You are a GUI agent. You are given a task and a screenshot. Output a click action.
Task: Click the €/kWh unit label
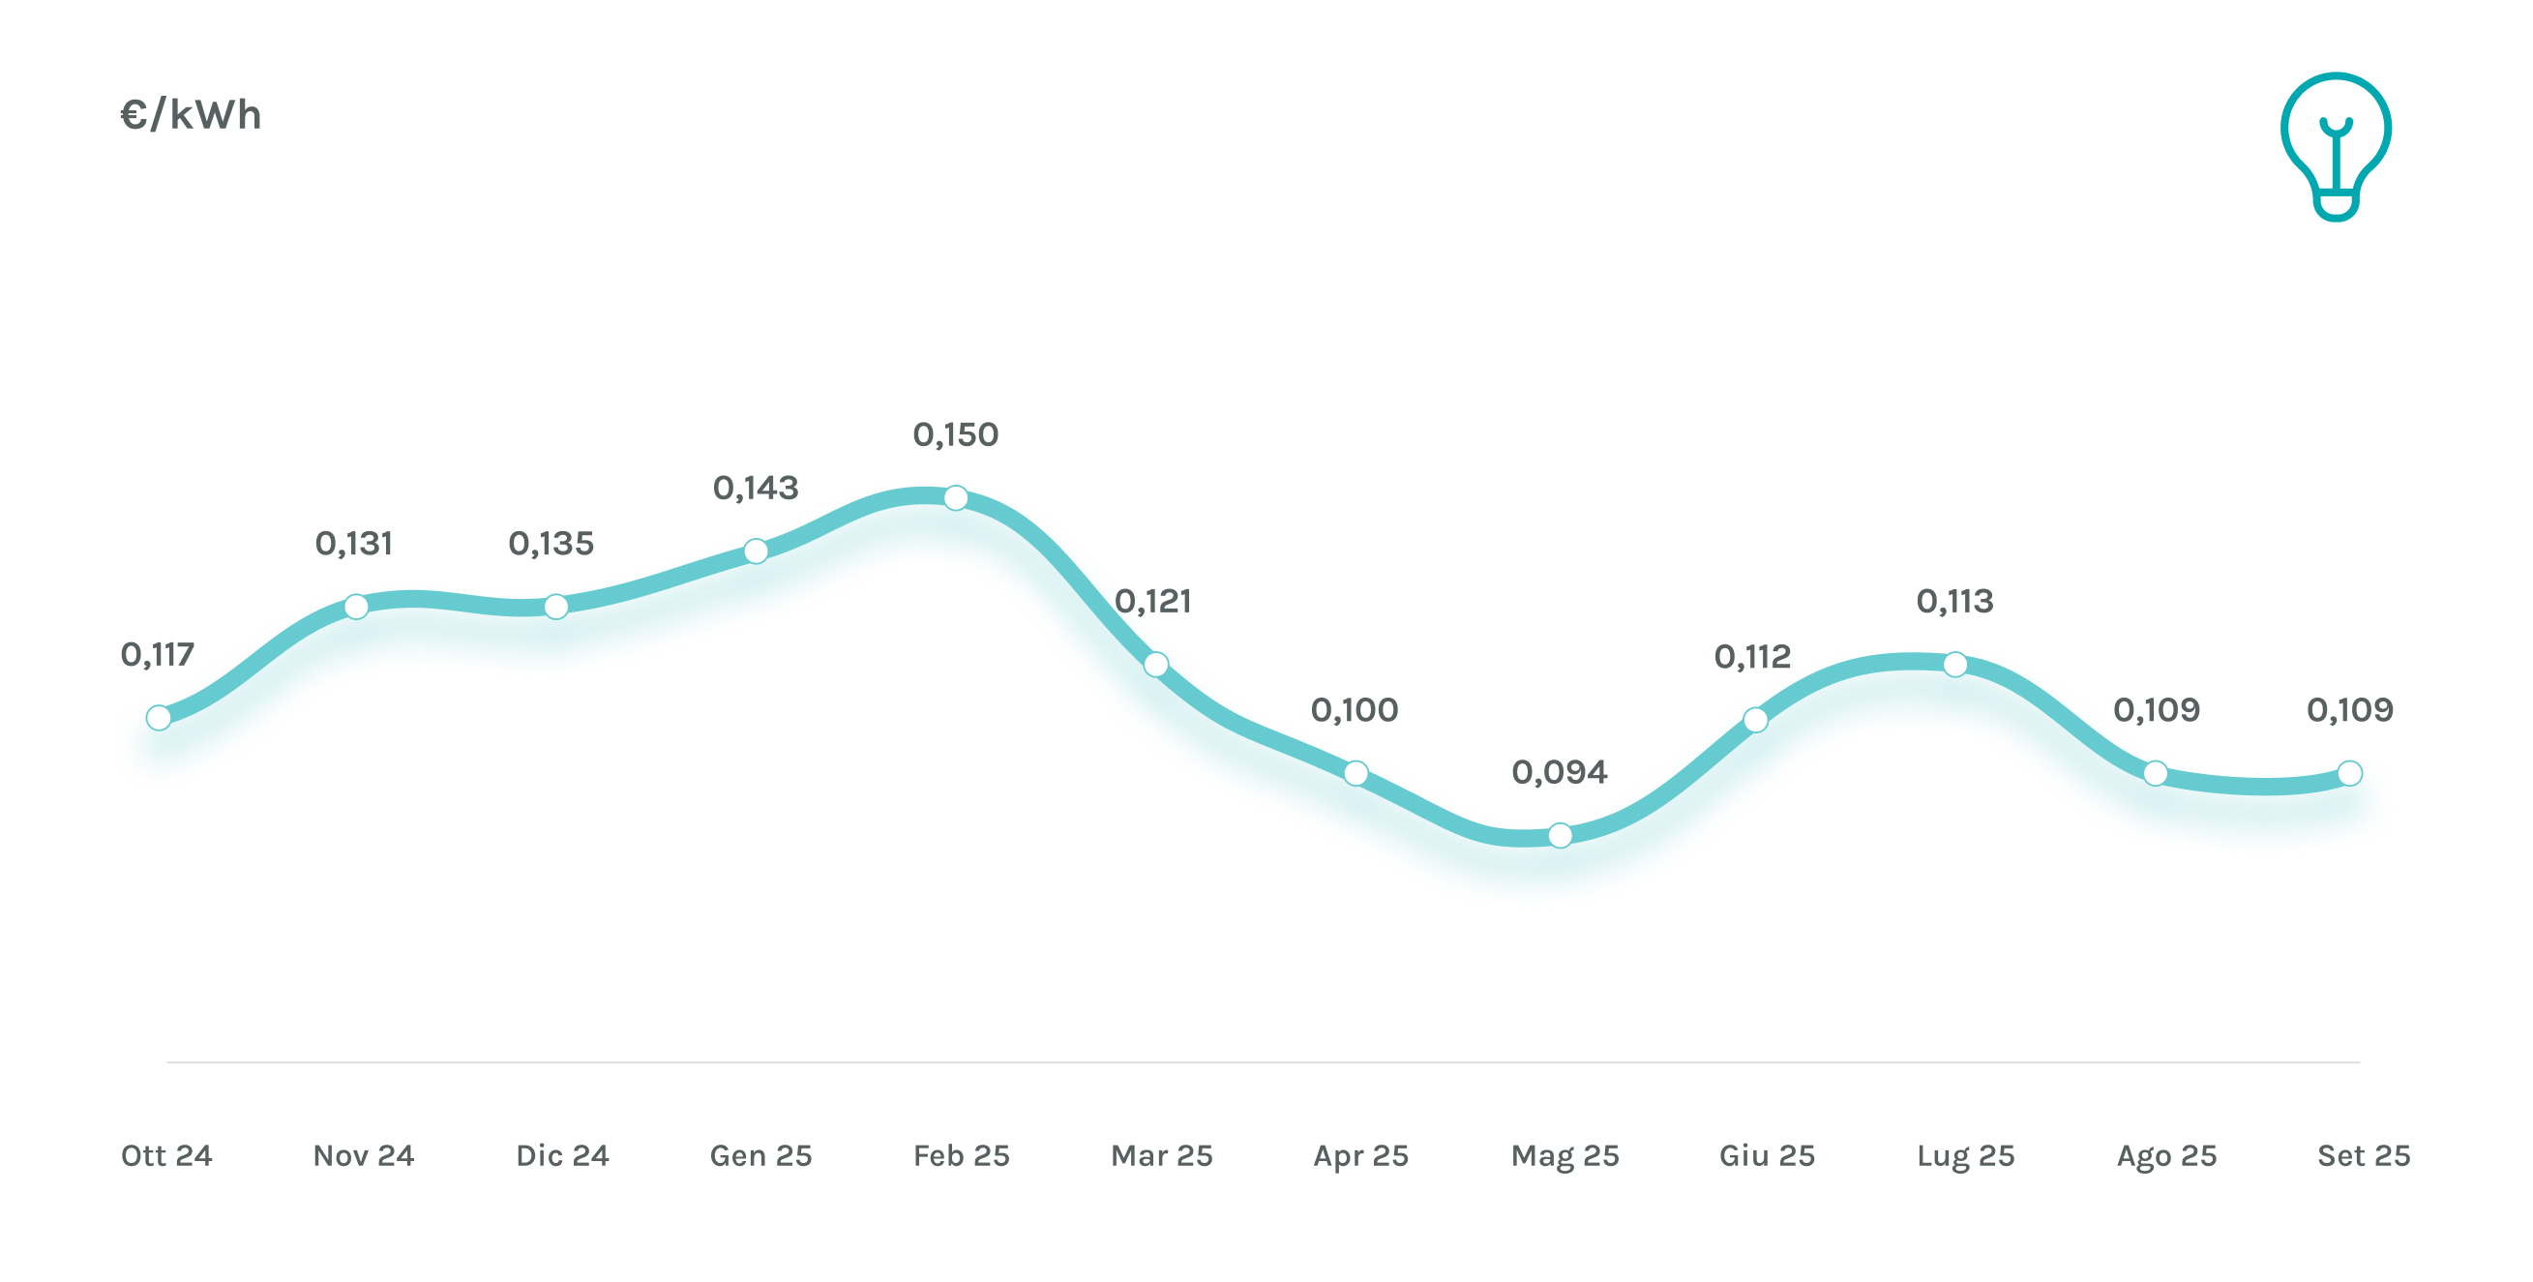(191, 115)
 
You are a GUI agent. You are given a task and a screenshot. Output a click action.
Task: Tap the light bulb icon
(2336, 145)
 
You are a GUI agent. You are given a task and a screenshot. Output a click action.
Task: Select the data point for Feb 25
(955, 498)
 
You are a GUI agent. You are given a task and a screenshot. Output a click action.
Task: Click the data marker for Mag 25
(1560, 836)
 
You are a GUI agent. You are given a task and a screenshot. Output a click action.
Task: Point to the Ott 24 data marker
(159, 718)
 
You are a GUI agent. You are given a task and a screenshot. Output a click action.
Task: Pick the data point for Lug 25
(1954, 665)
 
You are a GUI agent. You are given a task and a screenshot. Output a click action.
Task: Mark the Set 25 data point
(2349, 774)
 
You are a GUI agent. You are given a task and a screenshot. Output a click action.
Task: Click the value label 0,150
(955, 434)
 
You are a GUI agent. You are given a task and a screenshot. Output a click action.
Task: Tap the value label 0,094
(1559, 773)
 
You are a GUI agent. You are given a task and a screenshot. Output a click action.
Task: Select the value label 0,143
(756, 488)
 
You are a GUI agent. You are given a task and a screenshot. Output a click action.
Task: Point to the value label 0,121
(1152, 601)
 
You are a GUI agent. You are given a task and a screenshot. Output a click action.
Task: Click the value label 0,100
(1354, 710)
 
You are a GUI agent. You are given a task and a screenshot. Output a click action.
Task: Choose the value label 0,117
(158, 655)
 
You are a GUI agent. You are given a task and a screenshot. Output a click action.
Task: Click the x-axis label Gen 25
(761, 1155)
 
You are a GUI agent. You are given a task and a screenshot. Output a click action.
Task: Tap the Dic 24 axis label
(562, 1155)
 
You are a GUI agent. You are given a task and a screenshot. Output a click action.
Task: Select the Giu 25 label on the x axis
(1766, 1155)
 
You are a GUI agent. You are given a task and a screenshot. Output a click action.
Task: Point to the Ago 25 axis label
(2166, 1155)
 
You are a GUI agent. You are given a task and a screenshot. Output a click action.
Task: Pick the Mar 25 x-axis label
(1161, 1155)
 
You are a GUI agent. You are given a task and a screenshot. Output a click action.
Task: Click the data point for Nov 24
(356, 607)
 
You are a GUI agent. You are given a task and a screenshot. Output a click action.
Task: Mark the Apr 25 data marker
(1355, 774)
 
